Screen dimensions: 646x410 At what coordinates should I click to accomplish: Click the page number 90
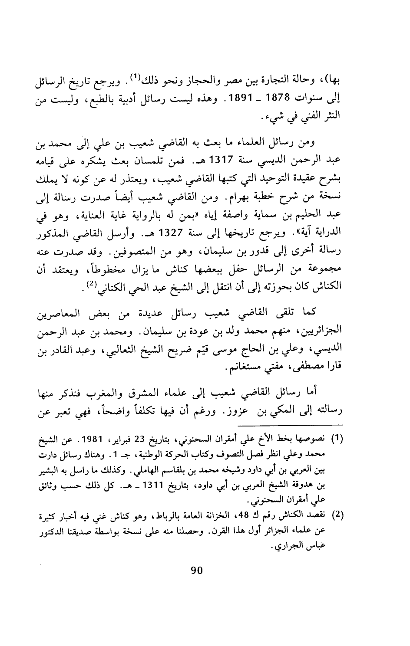click(197, 570)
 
